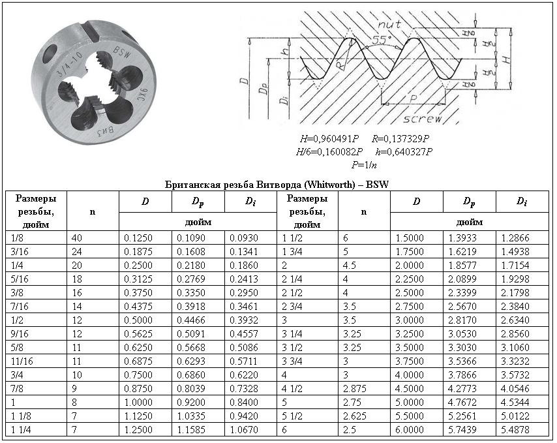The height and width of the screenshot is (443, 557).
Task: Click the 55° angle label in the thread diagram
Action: tap(382, 39)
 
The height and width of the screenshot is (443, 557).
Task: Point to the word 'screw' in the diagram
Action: tap(422, 119)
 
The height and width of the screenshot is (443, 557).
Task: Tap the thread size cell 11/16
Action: tap(24, 361)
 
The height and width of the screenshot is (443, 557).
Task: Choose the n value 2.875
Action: tap(355, 388)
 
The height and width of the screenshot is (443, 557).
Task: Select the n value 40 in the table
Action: tap(78, 237)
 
